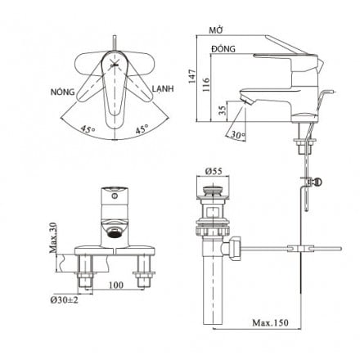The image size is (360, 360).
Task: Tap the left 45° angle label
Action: (x=87, y=128)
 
